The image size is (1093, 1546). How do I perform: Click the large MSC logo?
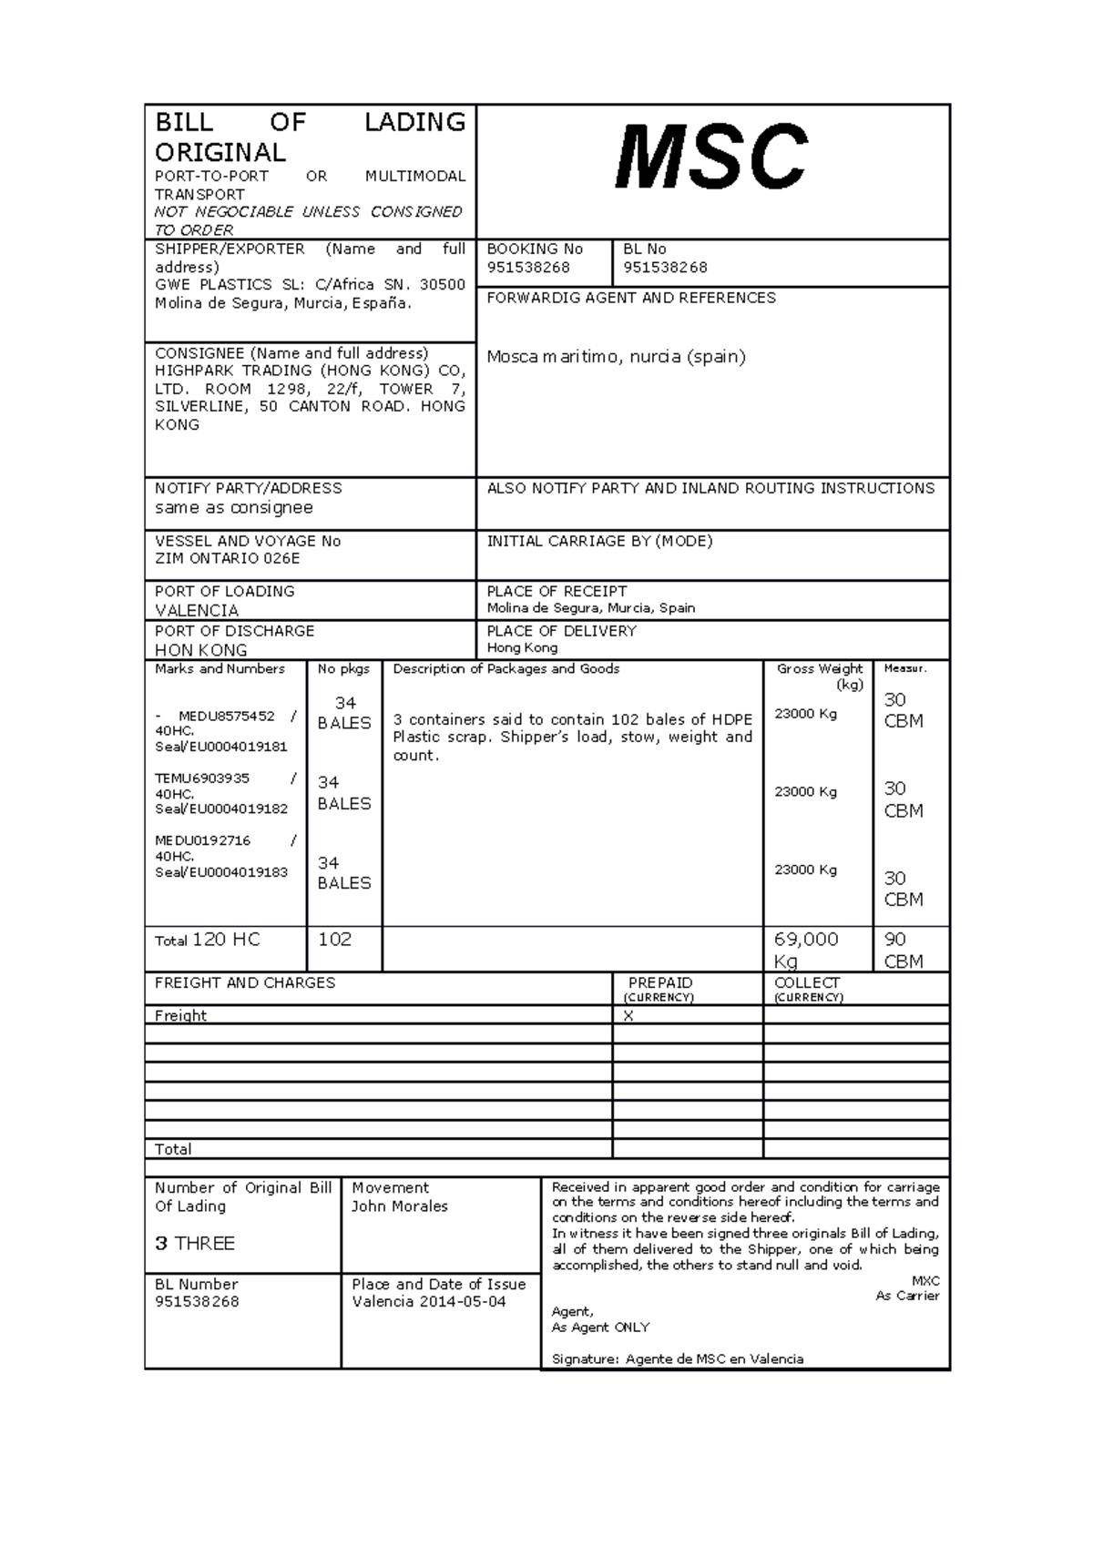click(x=711, y=158)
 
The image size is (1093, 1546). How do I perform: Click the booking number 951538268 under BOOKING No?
click(x=528, y=267)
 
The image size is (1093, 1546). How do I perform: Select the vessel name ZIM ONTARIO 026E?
click(x=227, y=558)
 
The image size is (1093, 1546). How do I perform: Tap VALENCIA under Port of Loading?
click(x=197, y=610)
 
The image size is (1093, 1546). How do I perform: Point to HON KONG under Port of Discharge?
click(x=200, y=650)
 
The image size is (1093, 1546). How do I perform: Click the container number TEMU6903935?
click(x=202, y=778)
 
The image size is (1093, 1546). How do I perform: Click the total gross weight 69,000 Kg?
click(x=806, y=950)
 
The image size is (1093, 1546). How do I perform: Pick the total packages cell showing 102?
click(x=334, y=940)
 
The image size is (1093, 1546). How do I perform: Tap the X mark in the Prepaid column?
click(x=628, y=1016)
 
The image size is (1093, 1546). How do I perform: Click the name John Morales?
click(x=400, y=1206)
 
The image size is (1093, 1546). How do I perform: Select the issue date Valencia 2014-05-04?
click(x=429, y=1302)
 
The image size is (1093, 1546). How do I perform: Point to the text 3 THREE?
click(x=195, y=1244)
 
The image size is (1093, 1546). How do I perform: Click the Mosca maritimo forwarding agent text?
click(x=616, y=357)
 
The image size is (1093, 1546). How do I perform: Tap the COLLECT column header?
click(x=807, y=983)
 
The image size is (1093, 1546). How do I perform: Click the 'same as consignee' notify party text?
click(x=234, y=508)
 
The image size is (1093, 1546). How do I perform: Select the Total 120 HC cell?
click(x=208, y=940)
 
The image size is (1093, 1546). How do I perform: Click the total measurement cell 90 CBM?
click(x=904, y=950)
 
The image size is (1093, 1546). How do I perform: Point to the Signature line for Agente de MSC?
click(x=678, y=1359)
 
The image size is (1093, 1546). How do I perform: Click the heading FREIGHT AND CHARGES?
click(x=245, y=983)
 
